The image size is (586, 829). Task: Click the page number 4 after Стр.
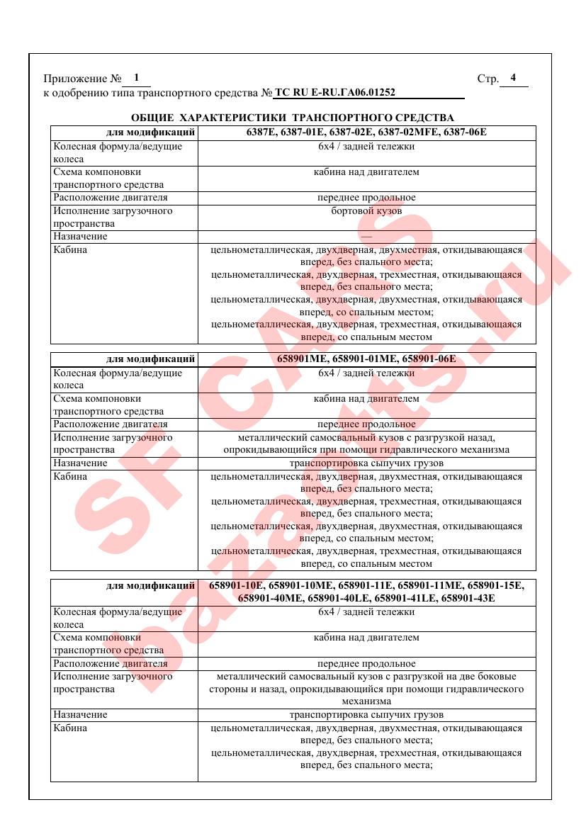[513, 78]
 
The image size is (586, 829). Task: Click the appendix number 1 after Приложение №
[135, 78]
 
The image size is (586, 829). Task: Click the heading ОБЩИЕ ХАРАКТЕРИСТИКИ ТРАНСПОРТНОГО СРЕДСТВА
[293, 117]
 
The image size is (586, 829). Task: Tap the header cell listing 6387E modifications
[366, 132]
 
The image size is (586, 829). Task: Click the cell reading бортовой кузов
[366, 210]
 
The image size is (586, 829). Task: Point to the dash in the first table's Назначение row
[366, 236]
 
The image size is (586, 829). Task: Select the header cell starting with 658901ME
[366, 359]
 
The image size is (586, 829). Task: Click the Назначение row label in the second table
[81, 463]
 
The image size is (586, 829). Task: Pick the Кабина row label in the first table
[71, 249]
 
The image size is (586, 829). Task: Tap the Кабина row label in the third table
[71, 728]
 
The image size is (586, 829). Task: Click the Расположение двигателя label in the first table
[111, 198]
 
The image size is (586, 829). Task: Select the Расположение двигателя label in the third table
[111, 664]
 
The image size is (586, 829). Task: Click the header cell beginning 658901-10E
[366, 592]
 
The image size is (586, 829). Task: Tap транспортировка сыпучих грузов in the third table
[366, 715]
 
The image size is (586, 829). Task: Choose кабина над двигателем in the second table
[366, 398]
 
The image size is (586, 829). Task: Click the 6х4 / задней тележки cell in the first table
[366, 146]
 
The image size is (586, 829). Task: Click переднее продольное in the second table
[366, 424]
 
